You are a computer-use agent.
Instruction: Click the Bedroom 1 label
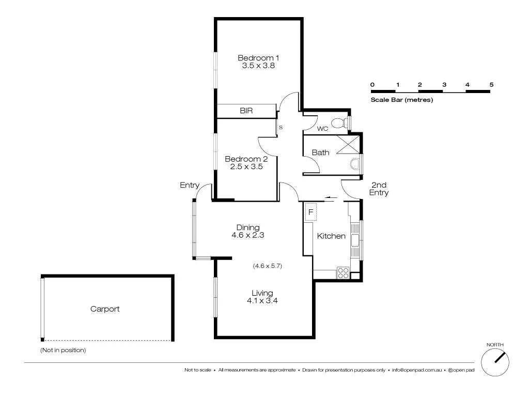click(255, 57)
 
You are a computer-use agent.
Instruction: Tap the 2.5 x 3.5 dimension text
click(246, 167)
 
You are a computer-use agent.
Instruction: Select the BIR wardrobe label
click(246, 111)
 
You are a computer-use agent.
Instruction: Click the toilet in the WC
click(339, 123)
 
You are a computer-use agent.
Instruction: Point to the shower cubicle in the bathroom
click(350, 144)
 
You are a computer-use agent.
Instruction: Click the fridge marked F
click(311, 212)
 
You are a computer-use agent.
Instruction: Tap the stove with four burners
click(343, 273)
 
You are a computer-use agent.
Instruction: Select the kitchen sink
click(355, 240)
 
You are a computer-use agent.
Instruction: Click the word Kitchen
click(331, 236)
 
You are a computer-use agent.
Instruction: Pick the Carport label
click(105, 309)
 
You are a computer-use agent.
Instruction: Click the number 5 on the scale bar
click(491, 84)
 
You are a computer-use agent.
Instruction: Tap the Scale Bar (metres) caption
click(401, 100)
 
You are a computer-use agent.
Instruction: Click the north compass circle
click(495, 361)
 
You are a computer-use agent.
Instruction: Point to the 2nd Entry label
click(379, 189)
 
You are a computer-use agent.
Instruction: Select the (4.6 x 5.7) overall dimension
click(267, 266)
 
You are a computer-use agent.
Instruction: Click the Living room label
click(262, 293)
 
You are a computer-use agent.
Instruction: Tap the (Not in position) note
click(63, 350)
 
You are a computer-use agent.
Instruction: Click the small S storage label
click(281, 127)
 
